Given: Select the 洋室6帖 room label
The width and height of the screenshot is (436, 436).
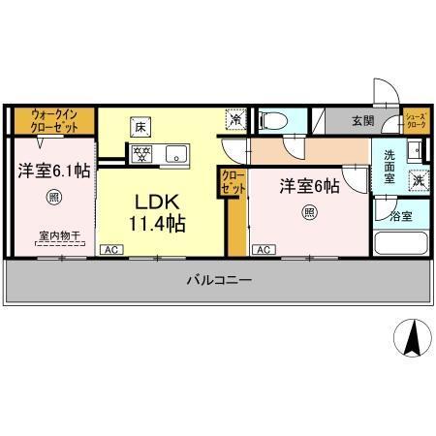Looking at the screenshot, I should coord(309,184).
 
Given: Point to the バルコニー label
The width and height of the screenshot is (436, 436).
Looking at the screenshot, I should coord(219,280).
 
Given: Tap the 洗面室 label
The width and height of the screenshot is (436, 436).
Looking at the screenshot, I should coord(389,167).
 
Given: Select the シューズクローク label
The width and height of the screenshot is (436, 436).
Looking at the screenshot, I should coord(415,120).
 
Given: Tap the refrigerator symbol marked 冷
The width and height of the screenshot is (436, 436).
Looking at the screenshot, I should coord(236,120).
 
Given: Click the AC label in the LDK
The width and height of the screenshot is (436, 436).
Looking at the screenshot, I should coord(111,249).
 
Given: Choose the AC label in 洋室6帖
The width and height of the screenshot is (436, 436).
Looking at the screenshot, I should coord(263,249).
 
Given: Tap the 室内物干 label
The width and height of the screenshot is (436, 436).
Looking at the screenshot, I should coord(60,235).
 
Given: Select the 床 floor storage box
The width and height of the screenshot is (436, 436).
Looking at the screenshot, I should coord(140,126).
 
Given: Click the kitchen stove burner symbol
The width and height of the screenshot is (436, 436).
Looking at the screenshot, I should coord(141,151).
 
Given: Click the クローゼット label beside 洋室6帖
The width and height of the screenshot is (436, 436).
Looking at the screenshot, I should coord(233,181).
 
